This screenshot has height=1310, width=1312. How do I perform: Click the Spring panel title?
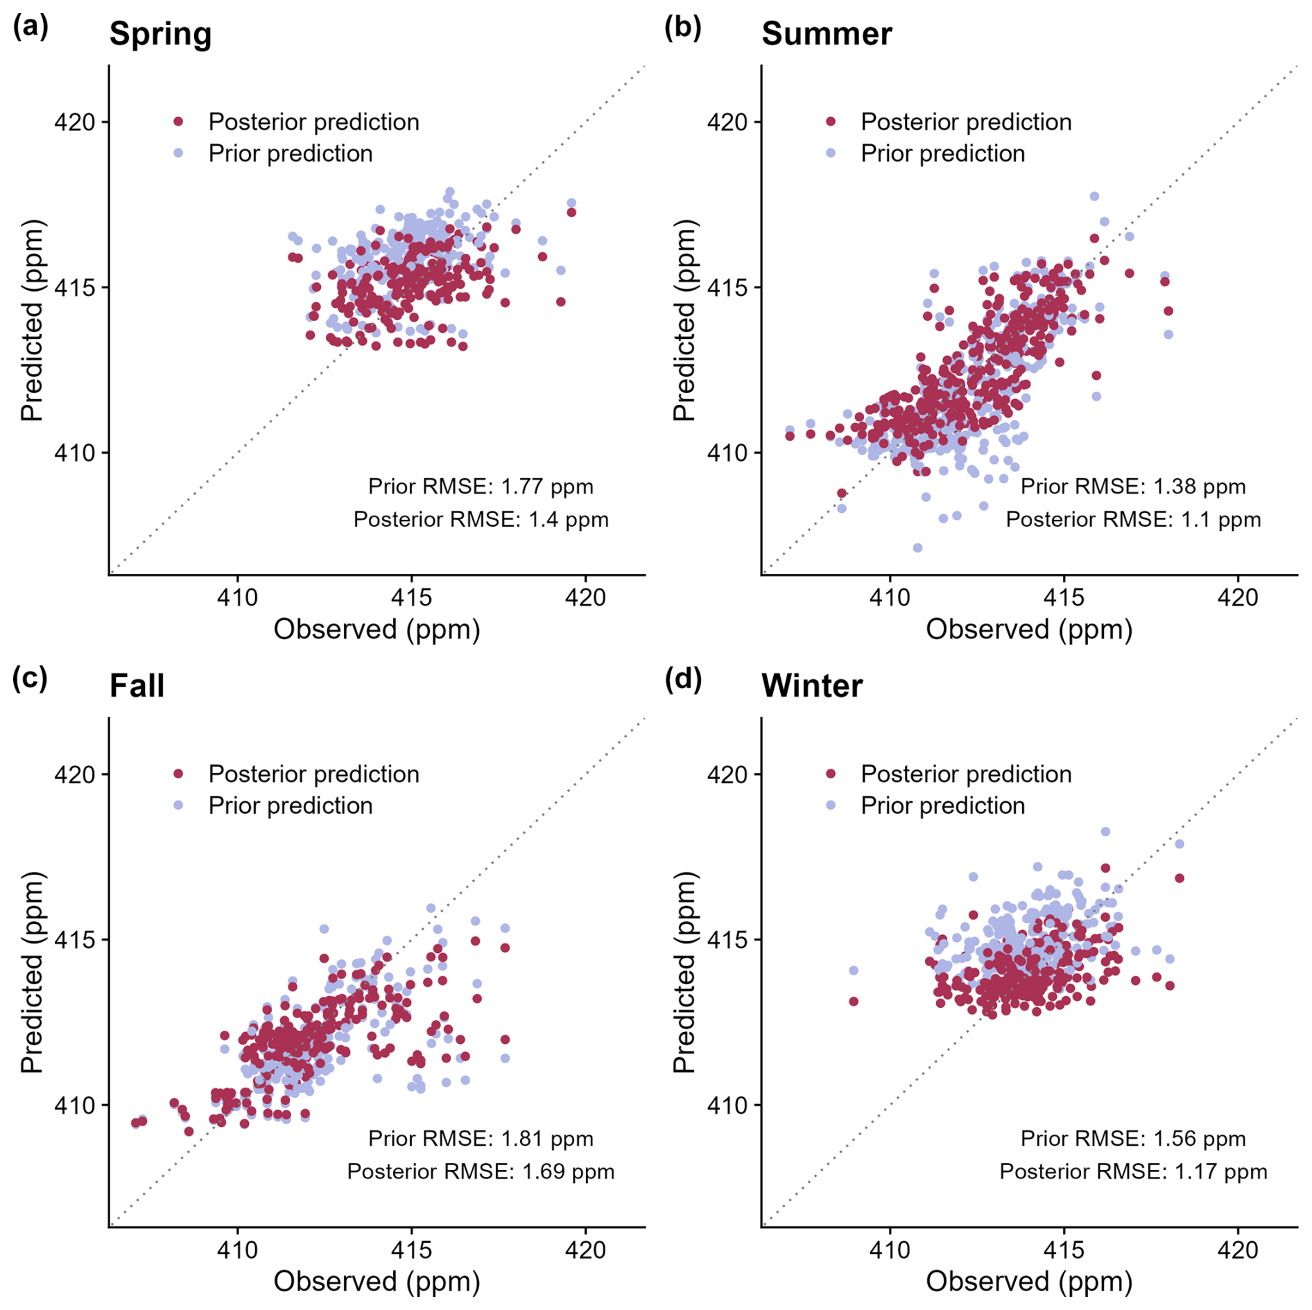tap(160, 33)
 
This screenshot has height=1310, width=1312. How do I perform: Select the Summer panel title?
tap(827, 33)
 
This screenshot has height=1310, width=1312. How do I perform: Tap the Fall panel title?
tap(137, 685)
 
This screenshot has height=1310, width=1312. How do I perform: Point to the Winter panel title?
tap(812, 685)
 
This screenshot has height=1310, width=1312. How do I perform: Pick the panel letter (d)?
tap(683, 679)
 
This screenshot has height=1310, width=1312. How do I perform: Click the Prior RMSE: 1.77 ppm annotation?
tap(481, 487)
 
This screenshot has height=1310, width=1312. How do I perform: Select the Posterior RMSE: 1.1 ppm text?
tap(1133, 519)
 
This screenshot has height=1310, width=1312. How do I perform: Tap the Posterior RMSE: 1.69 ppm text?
tap(481, 1171)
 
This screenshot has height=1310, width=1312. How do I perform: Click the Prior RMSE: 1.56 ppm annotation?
tap(1133, 1139)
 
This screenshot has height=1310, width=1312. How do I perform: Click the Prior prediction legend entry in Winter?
tap(942, 805)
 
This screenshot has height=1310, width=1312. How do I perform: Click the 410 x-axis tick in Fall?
tap(237, 1250)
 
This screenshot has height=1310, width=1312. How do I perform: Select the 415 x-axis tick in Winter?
tap(1064, 1250)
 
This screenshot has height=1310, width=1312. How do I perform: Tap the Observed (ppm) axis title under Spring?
tap(377, 629)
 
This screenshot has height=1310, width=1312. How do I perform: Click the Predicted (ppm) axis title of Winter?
tap(684, 972)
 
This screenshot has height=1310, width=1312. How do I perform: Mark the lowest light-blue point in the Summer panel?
tap(917, 548)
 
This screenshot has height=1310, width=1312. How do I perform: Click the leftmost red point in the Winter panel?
tap(854, 1002)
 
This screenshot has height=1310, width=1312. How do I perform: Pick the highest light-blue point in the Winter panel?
tap(1105, 832)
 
